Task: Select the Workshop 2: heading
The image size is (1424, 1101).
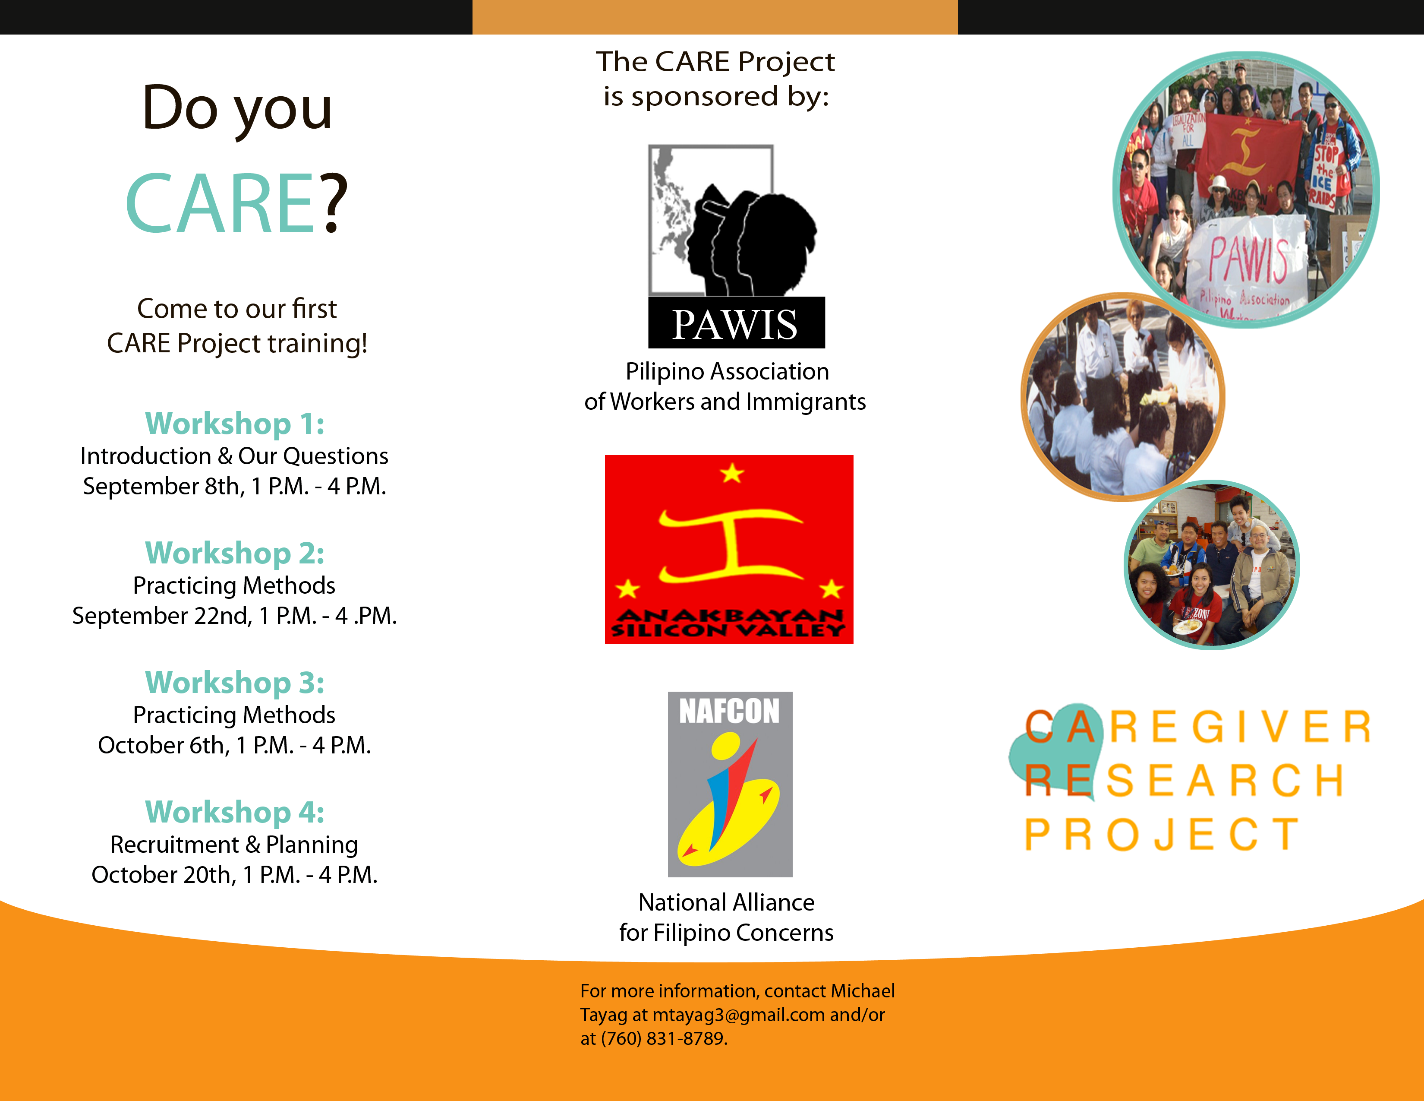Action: click(235, 553)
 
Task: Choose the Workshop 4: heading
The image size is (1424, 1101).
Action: click(235, 812)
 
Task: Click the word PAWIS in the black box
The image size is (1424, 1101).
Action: click(735, 324)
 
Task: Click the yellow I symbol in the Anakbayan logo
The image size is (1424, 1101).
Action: click(731, 545)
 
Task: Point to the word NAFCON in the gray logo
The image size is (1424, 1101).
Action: click(730, 711)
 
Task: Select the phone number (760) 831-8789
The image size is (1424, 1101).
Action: click(664, 1038)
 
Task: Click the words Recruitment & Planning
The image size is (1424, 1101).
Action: click(234, 845)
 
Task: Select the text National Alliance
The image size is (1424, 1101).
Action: click(726, 903)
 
